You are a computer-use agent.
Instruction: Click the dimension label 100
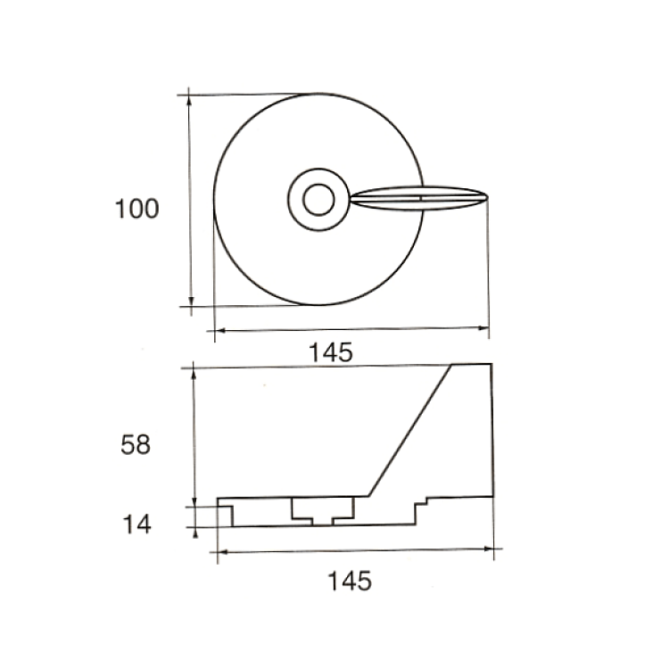coord(137,209)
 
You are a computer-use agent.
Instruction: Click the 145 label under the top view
coord(331,352)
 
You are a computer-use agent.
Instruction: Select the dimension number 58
coord(136,444)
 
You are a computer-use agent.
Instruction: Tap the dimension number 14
coord(137,524)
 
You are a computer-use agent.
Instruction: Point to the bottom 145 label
coord(350,581)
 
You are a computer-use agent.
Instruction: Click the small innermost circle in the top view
coord(318,200)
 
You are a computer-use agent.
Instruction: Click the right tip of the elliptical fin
coord(487,197)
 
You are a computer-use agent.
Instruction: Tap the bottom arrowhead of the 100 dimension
coord(191,301)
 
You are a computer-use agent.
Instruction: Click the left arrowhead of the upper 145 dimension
coord(220,330)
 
